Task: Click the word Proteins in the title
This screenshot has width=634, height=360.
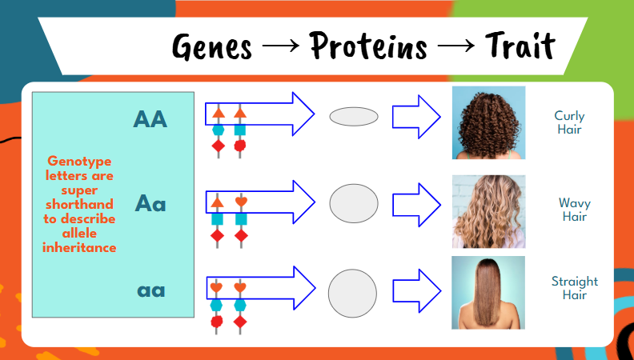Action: pos(368,46)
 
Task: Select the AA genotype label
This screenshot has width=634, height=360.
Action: pos(150,119)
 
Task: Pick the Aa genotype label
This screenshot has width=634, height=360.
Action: pos(150,202)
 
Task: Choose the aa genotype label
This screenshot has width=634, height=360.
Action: pos(150,290)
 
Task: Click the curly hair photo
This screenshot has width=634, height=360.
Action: pos(488,122)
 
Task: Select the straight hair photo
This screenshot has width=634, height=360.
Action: pos(488,292)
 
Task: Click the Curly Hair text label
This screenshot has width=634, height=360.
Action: pos(569,122)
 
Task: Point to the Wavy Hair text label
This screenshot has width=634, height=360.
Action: pos(574,210)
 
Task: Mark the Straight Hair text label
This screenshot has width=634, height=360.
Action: pos(574,288)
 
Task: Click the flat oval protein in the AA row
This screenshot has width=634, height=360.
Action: pos(354,117)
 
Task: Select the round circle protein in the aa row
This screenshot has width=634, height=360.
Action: pos(352,292)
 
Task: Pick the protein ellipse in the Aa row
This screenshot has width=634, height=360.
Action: pos(354,203)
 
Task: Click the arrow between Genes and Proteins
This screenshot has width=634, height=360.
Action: pos(279,48)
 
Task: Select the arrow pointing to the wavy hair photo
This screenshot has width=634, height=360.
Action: pos(416,203)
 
